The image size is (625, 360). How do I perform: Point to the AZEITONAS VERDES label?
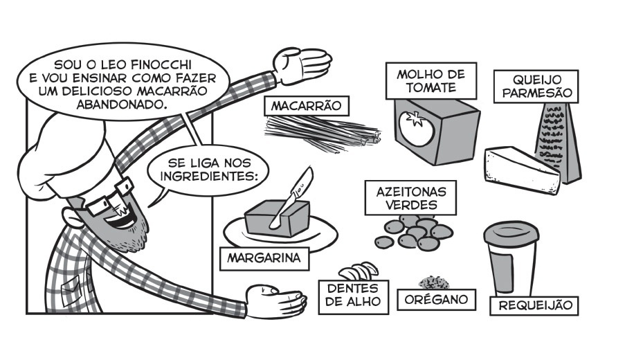point(406,198)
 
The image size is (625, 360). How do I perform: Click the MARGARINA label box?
point(264,259)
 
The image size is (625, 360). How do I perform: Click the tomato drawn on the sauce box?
point(417,128)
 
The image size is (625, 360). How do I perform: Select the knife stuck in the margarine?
point(293,195)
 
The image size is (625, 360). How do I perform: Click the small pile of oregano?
point(434,282)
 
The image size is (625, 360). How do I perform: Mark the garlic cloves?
point(359,271)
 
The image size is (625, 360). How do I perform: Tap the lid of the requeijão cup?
point(513,233)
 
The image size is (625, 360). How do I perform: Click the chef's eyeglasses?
point(107,197)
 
